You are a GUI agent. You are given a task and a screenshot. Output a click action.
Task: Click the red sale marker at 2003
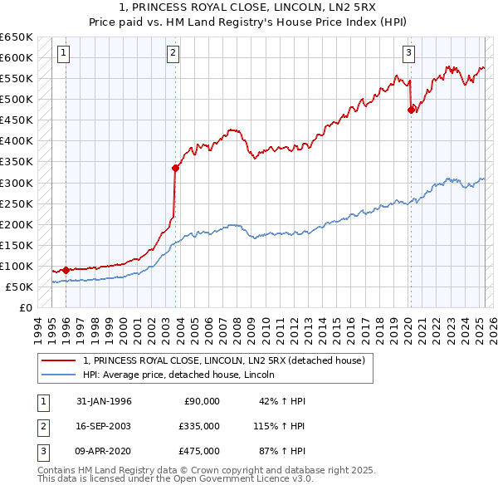[x=175, y=168]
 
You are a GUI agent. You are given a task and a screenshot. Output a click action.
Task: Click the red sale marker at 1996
[x=66, y=270]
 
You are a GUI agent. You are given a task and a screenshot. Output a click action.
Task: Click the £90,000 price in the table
[x=200, y=401]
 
